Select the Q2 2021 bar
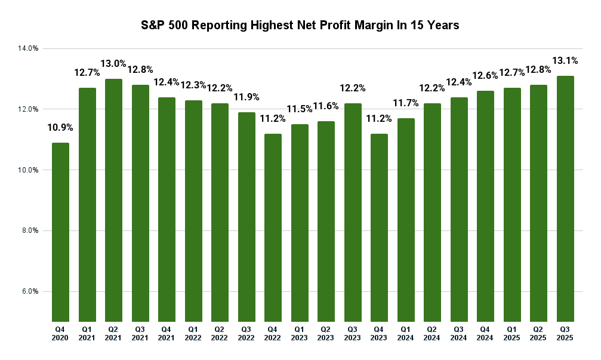[x=113, y=200]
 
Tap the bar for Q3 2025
[x=565, y=199]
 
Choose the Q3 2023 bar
[x=353, y=213]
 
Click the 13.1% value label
[x=565, y=60]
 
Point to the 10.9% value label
[x=60, y=127]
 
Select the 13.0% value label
[x=113, y=63]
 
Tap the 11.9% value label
[x=246, y=97]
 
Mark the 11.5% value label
[x=300, y=109]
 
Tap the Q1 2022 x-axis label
[x=193, y=334]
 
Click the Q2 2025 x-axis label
[x=538, y=334]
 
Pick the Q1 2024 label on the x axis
[x=406, y=334]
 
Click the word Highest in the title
[x=272, y=26]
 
